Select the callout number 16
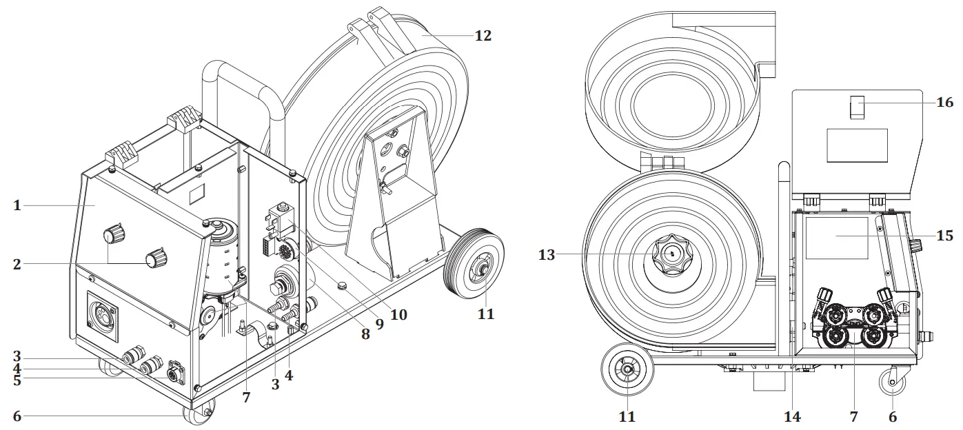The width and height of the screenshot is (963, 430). tap(944, 103)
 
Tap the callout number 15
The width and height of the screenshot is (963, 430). tap(944, 236)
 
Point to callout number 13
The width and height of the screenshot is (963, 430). tap(546, 255)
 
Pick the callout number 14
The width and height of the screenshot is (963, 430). tap(792, 417)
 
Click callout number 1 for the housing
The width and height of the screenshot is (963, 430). tap(17, 205)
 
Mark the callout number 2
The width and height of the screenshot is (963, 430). tap(17, 263)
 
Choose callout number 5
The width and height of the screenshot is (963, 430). tap(17, 378)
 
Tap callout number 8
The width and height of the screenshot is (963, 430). tap(365, 334)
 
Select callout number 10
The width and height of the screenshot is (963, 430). tap(398, 315)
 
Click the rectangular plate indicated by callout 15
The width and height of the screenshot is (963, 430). tap(835, 238)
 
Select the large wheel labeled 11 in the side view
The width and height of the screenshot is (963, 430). tap(627, 371)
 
